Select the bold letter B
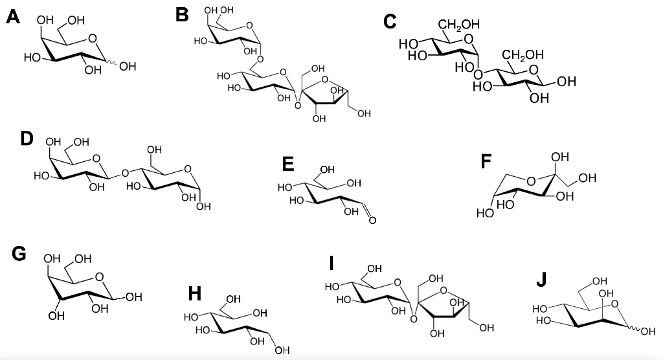(183, 14)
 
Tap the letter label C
(390, 21)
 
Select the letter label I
(331, 263)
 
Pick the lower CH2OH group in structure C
(524, 55)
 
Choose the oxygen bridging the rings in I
(410, 311)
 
